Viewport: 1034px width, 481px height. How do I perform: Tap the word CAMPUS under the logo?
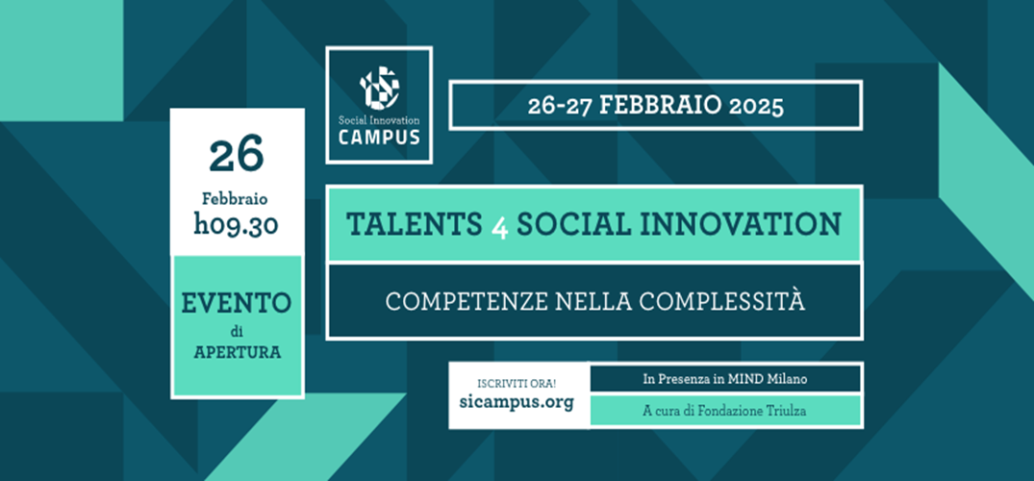[x=379, y=138]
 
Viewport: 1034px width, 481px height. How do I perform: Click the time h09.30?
[x=236, y=225]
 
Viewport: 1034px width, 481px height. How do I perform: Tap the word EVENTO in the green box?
[x=236, y=303]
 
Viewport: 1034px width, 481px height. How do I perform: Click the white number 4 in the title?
[x=499, y=226]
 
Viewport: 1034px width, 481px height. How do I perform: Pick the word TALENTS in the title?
[x=415, y=224]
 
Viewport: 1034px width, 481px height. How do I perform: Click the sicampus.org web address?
[x=517, y=402]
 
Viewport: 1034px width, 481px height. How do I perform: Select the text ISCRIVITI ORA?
[x=517, y=383]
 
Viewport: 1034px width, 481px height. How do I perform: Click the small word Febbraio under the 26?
[x=236, y=198]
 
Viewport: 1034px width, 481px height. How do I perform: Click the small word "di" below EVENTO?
[x=237, y=333]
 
